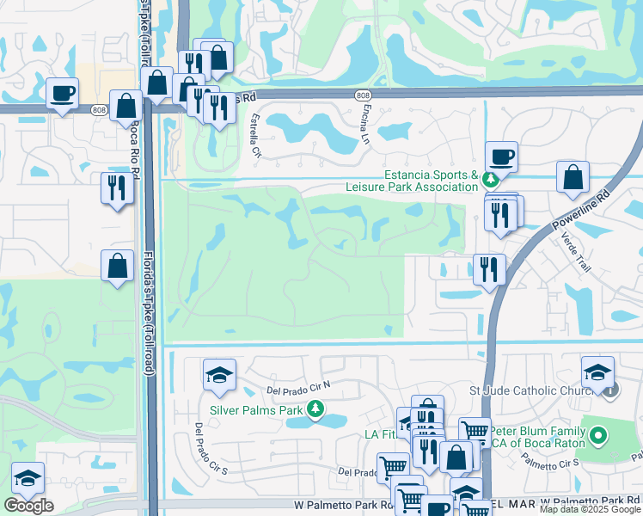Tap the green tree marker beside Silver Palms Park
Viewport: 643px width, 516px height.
point(316,408)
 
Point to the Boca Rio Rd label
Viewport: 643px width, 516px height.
point(135,146)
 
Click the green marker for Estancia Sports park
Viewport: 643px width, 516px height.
point(490,181)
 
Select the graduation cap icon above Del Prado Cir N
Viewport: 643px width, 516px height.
point(219,374)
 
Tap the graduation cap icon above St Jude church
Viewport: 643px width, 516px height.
point(597,371)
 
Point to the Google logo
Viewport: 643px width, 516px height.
point(28,506)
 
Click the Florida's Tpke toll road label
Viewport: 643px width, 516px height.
point(148,285)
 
